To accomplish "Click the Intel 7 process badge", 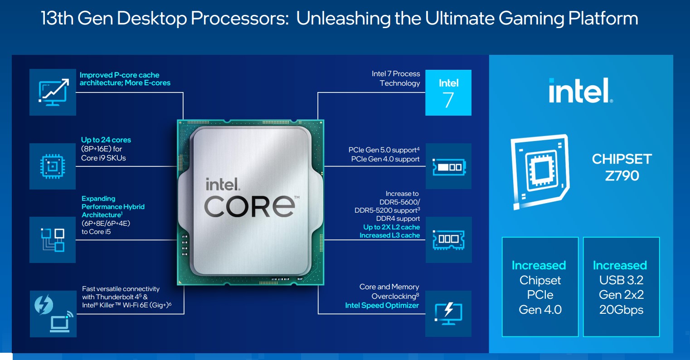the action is [x=448, y=92].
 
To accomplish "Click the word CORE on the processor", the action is [x=249, y=206].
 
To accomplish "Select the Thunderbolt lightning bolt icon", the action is [x=44, y=305].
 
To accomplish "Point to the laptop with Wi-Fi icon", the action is [x=62, y=322].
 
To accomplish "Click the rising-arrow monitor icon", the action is [x=53, y=92].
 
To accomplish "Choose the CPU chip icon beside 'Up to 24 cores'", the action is [x=53, y=166].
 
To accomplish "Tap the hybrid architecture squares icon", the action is [x=53, y=240].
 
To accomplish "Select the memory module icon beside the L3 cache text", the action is [x=448, y=239].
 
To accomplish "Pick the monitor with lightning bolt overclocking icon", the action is [x=448, y=313].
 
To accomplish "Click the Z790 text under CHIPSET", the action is [x=622, y=176].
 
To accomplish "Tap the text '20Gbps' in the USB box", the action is [x=621, y=310].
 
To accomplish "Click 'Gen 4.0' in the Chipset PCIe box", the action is [x=540, y=310].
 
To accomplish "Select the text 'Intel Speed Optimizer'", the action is [x=382, y=305].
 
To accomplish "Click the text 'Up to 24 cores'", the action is [x=106, y=140].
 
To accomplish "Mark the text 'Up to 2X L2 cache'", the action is [x=392, y=227].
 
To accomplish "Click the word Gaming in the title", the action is [x=531, y=19].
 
